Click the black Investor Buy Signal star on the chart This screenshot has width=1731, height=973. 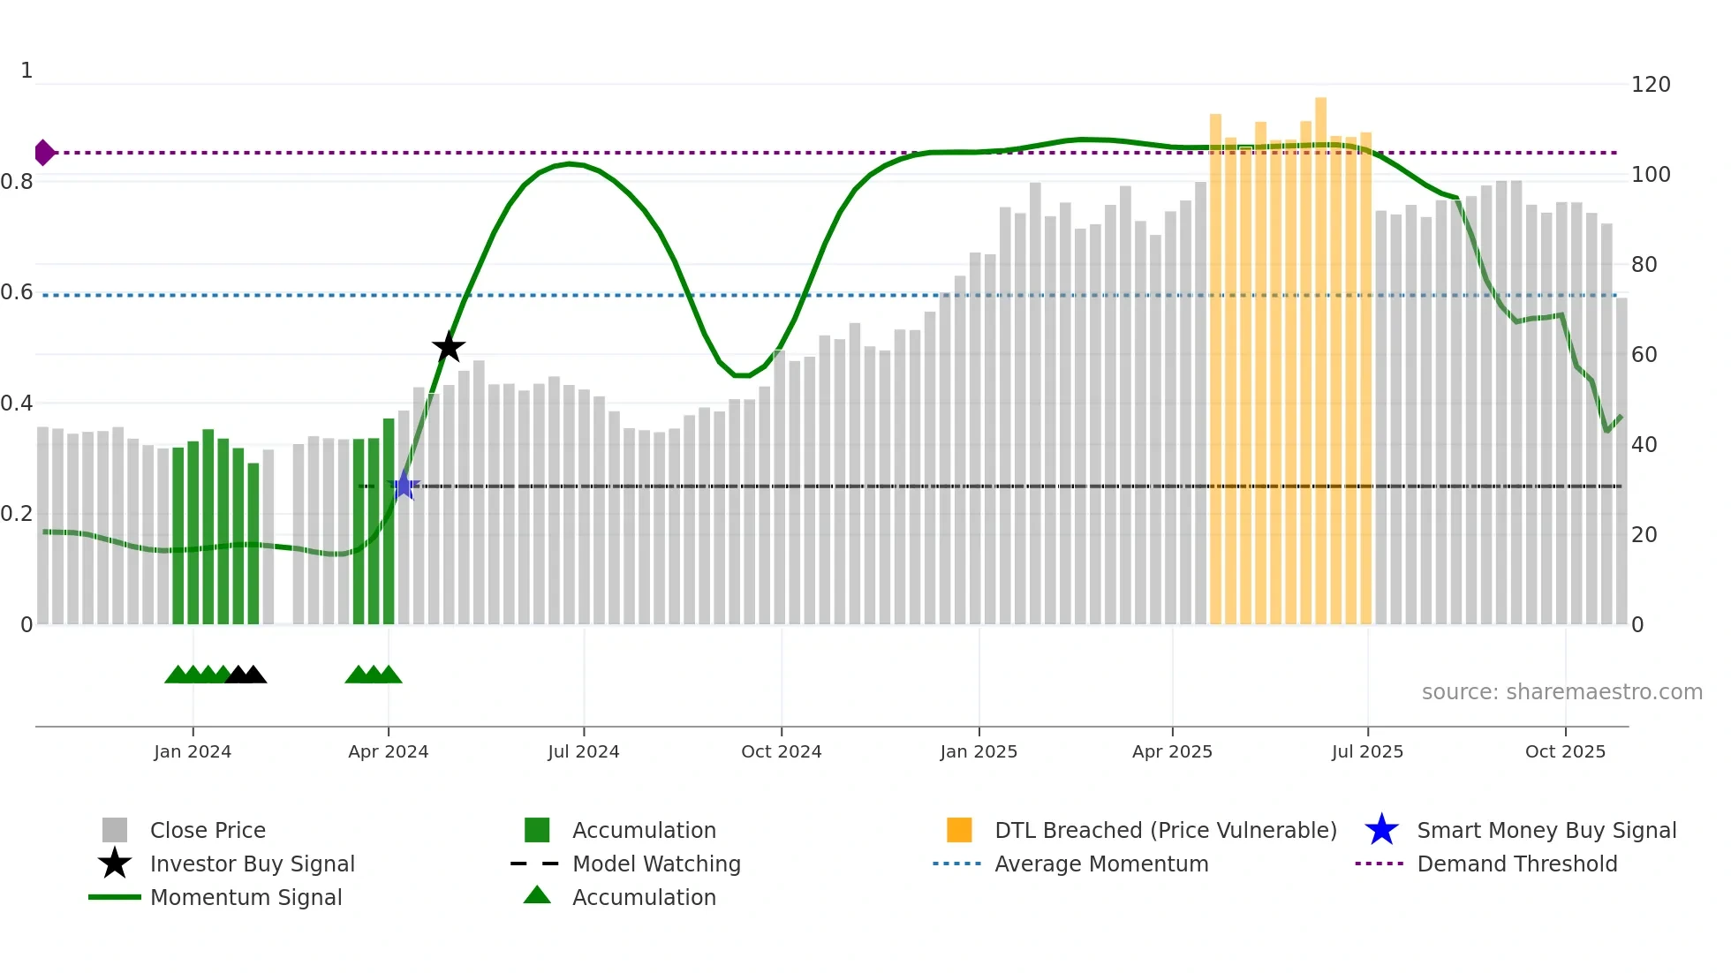coord(449,347)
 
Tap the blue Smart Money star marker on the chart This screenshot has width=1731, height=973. coord(404,486)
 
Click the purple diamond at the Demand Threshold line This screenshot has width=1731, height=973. coord(44,153)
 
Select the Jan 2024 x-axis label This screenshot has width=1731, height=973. coord(193,751)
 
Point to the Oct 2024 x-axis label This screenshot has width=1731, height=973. coord(781,751)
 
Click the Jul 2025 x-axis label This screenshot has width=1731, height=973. coord(1367,751)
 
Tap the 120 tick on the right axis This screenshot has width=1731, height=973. coord(1650,85)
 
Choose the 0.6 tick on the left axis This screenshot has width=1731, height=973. coord(18,292)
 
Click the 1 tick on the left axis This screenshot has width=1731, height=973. coord(26,71)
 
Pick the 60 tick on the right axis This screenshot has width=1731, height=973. coord(1644,355)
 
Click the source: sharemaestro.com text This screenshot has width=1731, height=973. coord(1561,692)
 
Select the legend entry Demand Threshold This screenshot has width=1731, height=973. coord(1516,864)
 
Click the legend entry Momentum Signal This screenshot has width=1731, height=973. coord(246,897)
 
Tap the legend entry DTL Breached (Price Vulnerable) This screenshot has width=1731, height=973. coord(1165,830)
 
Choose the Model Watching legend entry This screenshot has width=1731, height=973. coord(656,864)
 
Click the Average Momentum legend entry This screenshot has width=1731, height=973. coord(1101,864)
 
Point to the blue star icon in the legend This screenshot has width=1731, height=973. coord(1381,830)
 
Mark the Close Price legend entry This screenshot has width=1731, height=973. coord(208,830)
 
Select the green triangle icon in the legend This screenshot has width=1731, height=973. coord(537,896)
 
